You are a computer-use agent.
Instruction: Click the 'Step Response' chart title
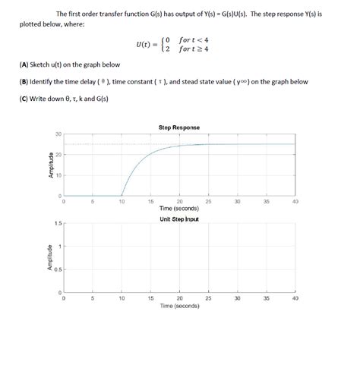179,127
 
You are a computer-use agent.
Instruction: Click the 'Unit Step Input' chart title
179,219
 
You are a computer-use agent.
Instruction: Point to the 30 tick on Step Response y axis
58,135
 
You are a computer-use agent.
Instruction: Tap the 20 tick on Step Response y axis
58,156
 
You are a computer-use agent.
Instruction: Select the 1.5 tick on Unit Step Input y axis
57,224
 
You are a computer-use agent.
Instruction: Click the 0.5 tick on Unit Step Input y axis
57,270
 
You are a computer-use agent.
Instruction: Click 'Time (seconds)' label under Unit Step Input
179,307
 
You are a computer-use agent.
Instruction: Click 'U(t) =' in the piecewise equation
146,44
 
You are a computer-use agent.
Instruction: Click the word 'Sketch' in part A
41,64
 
